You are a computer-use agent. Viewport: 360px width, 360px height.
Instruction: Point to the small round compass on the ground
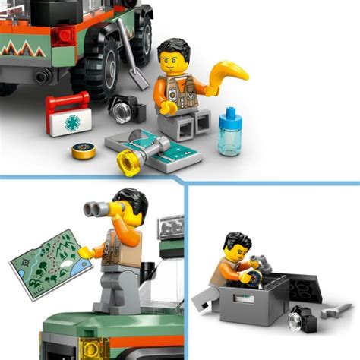(x=84, y=150)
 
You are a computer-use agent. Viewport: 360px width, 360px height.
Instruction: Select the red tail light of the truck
(x=64, y=34)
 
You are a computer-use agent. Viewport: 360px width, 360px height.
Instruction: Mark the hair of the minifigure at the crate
(x=236, y=243)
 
